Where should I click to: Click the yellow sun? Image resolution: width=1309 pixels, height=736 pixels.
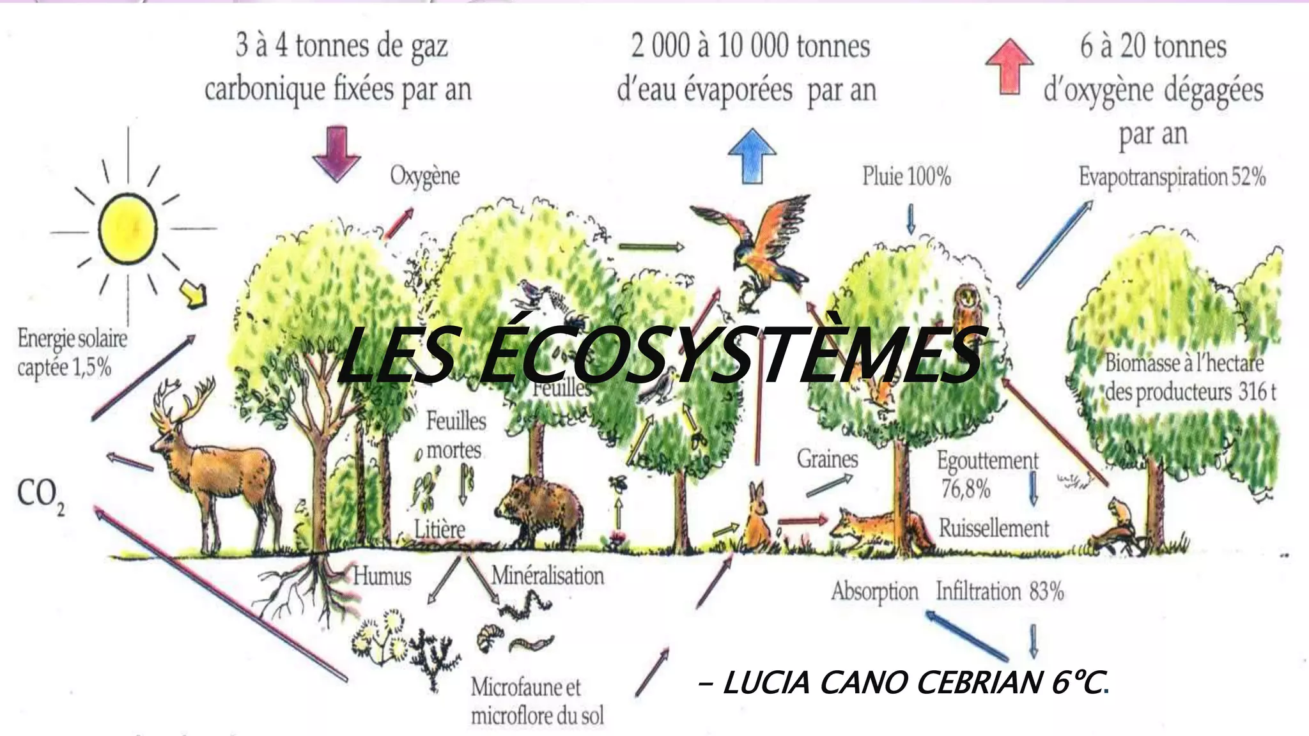[x=127, y=229]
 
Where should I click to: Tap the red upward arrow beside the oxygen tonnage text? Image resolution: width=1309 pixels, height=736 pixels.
[x=1009, y=66]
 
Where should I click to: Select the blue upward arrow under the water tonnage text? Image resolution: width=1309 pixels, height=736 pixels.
[x=752, y=155]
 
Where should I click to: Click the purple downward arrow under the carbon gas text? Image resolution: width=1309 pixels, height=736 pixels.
[x=336, y=153]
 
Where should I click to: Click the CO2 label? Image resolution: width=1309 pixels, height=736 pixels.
[x=40, y=496]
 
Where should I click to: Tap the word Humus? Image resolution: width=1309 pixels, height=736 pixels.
[x=382, y=576]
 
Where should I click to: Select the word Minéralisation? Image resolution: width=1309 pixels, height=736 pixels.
[x=547, y=576]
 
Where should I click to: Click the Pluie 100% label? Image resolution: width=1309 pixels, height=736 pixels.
[x=906, y=176]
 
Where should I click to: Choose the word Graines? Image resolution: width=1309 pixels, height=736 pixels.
[x=827, y=458]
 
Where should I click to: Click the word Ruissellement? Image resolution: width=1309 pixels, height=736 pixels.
[x=993, y=528]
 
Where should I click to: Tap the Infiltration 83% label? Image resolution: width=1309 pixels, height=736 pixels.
[x=1000, y=591]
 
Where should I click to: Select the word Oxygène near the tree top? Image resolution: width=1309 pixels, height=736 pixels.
[x=425, y=176]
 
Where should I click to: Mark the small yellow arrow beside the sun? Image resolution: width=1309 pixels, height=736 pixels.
[x=194, y=293]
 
